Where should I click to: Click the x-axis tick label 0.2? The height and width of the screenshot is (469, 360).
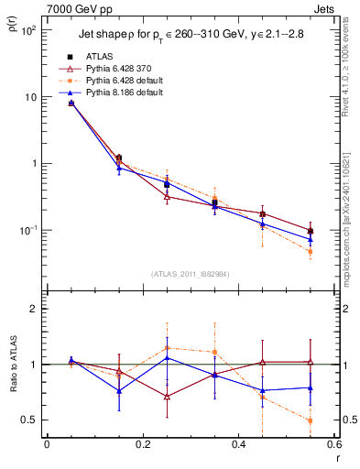pos(142,445)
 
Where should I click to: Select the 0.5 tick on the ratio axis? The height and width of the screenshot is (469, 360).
pos(29,420)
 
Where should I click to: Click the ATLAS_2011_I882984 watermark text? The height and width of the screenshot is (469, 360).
pos(191,273)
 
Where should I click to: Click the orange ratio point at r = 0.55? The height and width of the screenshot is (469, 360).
pos(311,420)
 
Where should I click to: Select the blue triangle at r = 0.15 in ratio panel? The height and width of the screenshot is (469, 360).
pos(119,391)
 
